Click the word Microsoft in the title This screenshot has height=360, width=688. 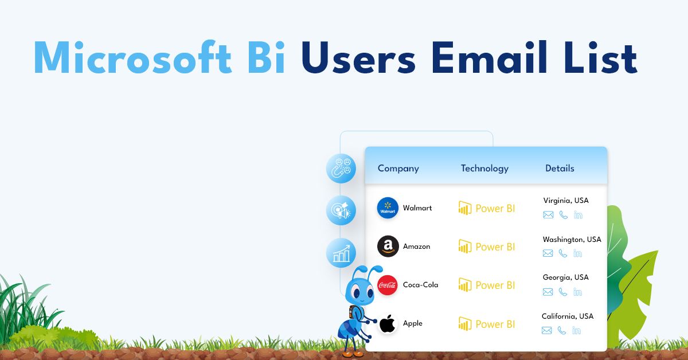pos(132,57)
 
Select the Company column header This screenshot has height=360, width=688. pos(398,169)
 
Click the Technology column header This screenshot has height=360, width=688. pos(484,169)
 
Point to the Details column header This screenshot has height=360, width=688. pos(560,169)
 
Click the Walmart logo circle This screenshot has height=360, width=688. pos(388,208)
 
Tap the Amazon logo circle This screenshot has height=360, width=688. pos(388,246)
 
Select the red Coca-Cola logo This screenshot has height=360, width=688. pos(388,285)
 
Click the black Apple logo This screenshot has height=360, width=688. pos(388,323)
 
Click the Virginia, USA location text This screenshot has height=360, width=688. pos(566,201)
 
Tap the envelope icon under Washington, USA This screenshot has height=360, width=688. pos(548,253)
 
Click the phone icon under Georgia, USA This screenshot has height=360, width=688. pos(562,292)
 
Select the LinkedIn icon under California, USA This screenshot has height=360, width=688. pos(577,331)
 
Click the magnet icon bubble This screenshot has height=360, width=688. pos(341,169)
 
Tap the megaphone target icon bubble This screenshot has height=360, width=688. pos(341,210)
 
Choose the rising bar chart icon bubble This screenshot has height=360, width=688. pos(341,253)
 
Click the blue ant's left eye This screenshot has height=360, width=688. pos(356,292)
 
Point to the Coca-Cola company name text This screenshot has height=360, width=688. pos(420,285)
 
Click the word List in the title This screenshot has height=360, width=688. pos(601,57)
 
